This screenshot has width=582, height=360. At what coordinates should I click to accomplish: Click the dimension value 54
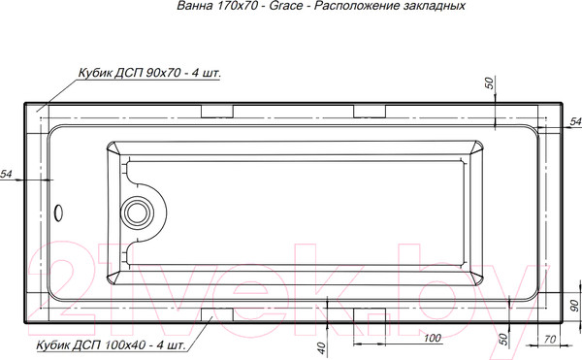pyautogui.click(x=7, y=174)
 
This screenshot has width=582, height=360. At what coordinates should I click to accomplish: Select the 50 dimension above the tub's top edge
pyautogui.click(x=491, y=84)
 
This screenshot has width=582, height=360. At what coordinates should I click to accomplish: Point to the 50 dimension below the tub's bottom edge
pyautogui.click(x=503, y=339)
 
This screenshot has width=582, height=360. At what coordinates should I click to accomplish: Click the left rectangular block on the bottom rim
pyautogui.click(x=215, y=313)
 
